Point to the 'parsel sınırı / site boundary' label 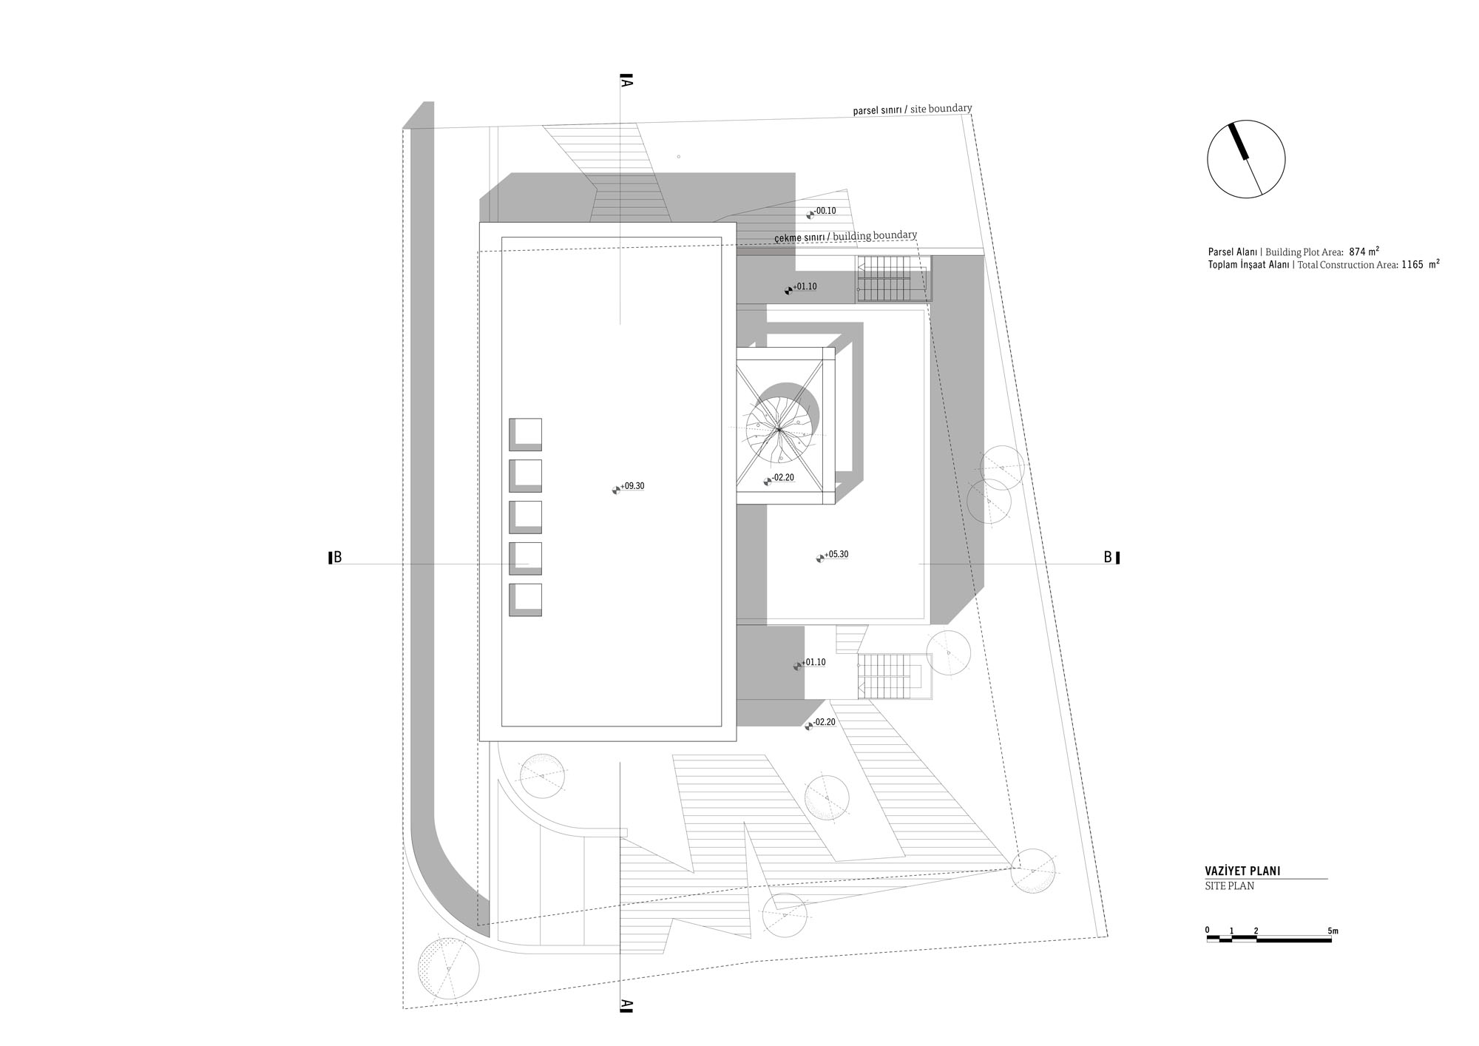click(x=912, y=109)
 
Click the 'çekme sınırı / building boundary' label click(x=845, y=237)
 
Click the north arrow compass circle click(x=1246, y=159)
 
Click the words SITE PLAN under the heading click(x=1229, y=886)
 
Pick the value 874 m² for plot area click(x=1362, y=252)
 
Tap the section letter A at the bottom click(x=626, y=1005)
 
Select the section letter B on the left click(x=337, y=558)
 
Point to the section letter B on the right click(x=1108, y=557)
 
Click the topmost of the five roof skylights click(x=525, y=434)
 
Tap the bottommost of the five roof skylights click(x=525, y=600)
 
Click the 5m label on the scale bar click(x=1333, y=931)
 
